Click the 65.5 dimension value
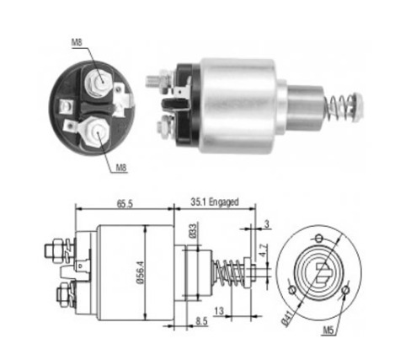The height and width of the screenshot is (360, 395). pos(125,204)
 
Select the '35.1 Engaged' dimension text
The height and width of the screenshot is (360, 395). pos(215,202)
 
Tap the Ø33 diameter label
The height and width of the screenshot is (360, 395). pos(193,231)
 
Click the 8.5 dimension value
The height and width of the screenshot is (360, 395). pos(201,321)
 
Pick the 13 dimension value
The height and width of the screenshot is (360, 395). pos(219,311)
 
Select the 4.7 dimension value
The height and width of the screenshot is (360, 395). pos(263,250)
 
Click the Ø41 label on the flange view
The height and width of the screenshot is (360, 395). pos(288,319)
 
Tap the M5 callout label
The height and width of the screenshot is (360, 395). pos(328,330)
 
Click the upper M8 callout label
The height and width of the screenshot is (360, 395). pos(77,42)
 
